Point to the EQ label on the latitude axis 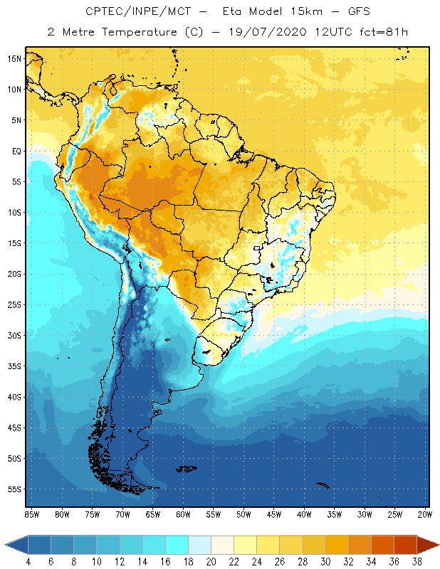pos(14,151)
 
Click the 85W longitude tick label pos(31,514)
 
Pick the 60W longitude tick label pos(183,514)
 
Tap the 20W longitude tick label pos(424,514)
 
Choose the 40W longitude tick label pos(304,514)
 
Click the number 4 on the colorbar pos(28,562)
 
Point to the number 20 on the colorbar pos(211,562)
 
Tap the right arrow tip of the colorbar pos(438,545)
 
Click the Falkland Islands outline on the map pos(187,468)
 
